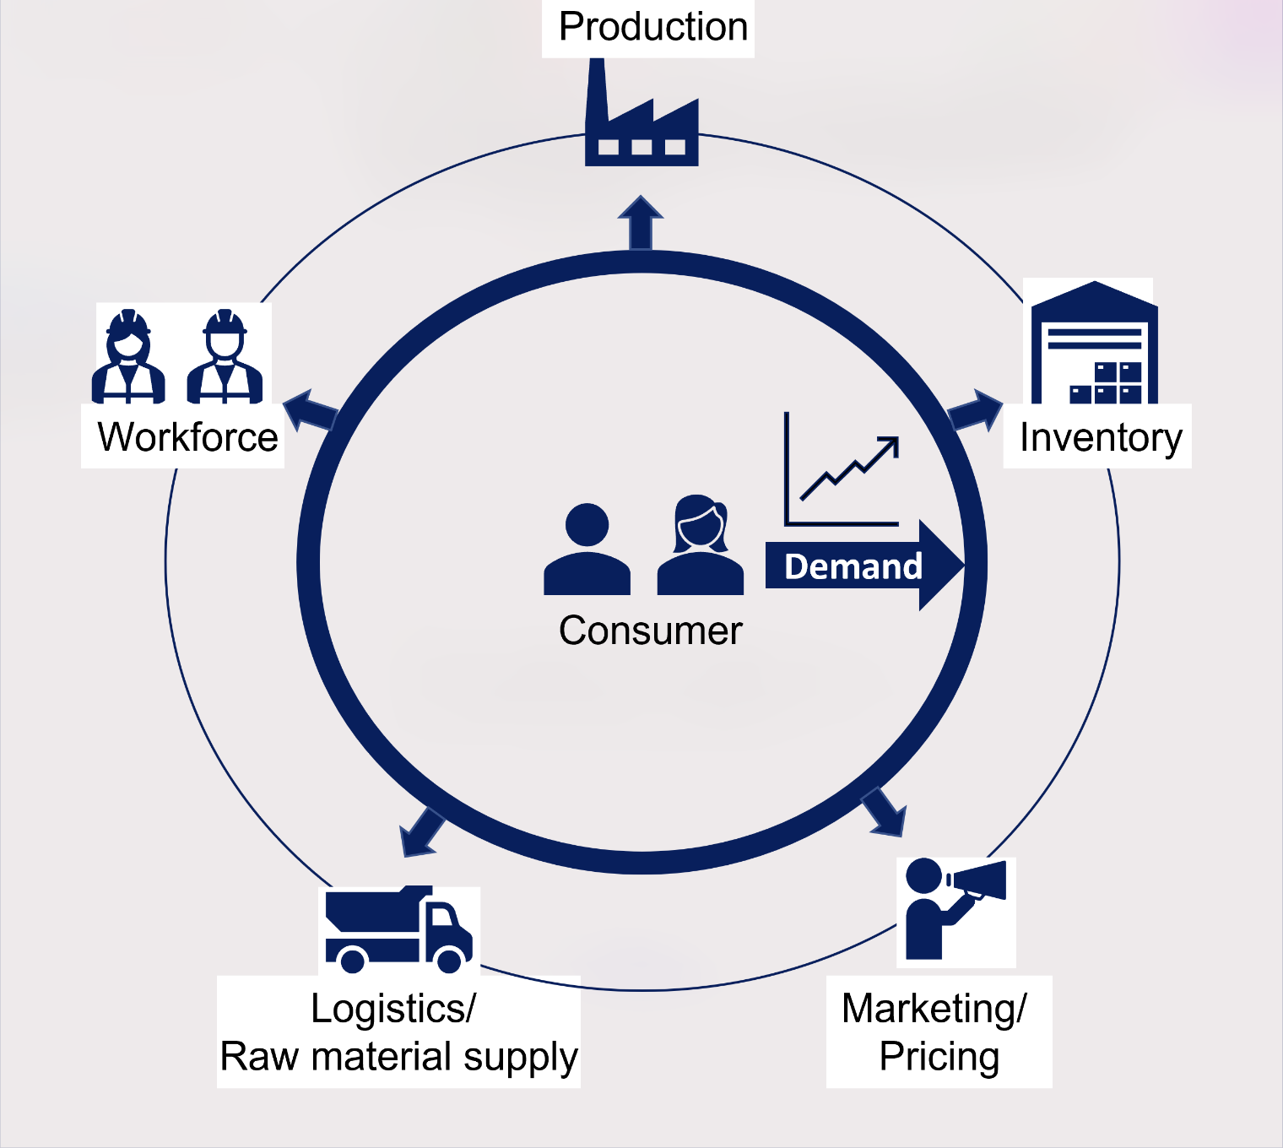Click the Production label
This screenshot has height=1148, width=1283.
pyautogui.click(x=653, y=27)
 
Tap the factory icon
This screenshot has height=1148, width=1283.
pyautogui.click(x=641, y=113)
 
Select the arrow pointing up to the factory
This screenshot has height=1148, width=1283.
pyautogui.click(x=641, y=223)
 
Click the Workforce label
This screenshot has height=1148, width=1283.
pyautogui.click(x=187, y=437)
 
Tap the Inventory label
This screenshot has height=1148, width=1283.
pyautogui.click(x=1101, y=438)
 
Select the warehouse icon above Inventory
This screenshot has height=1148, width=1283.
pyautogui.click(x=1094, y=343)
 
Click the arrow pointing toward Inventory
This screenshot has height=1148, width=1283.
pyautogui.click(x=975, y=409)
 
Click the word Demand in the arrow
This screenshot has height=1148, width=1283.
pyautogui.click(x=853, y=566)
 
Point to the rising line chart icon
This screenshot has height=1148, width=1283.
pyautogui.click(x=842, y=468)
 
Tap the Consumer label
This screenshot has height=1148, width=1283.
pyautogui.click(x=651, y=631)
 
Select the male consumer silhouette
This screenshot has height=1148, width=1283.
pyautogui.click(x=587, y=549)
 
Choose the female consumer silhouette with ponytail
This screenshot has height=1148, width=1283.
pyautogui.click(x=701, y=544)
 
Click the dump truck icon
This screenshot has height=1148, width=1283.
pyautogui.click(x=399, y=929)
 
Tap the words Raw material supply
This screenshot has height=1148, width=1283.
pyautogui.click(x=399, y=1057)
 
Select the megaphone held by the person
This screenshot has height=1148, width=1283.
pyautogui.click(x=977, y=880)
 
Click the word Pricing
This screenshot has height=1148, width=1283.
pyautogui.click(x=939, y=1057)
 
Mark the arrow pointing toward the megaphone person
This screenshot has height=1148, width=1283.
pyautogui.click(x=884, y=812)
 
